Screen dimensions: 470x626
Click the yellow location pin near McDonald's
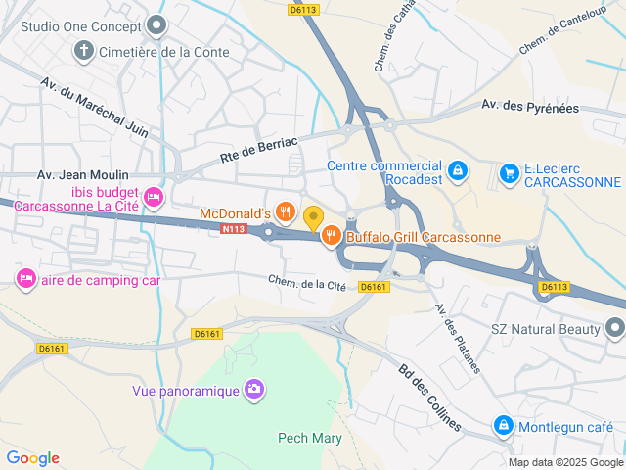click(313, 217)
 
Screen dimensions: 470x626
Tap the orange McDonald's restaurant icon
click(285, 212)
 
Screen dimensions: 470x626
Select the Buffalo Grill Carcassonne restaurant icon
click(332, 235)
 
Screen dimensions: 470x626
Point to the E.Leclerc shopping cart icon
click(509, 173)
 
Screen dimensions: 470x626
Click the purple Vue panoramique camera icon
click(254, 391)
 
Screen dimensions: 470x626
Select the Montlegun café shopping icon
click(503, 426)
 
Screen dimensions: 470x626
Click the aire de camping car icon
click(25, 279)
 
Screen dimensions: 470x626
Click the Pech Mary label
click(310, 438)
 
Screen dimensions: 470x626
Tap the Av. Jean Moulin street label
click(82, 175)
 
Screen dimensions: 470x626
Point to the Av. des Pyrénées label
click(530, 106)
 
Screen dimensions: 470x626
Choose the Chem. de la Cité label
click(308, 283)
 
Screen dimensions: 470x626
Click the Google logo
click(32, 457)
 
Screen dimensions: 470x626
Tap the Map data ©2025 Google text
click(565, 462)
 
